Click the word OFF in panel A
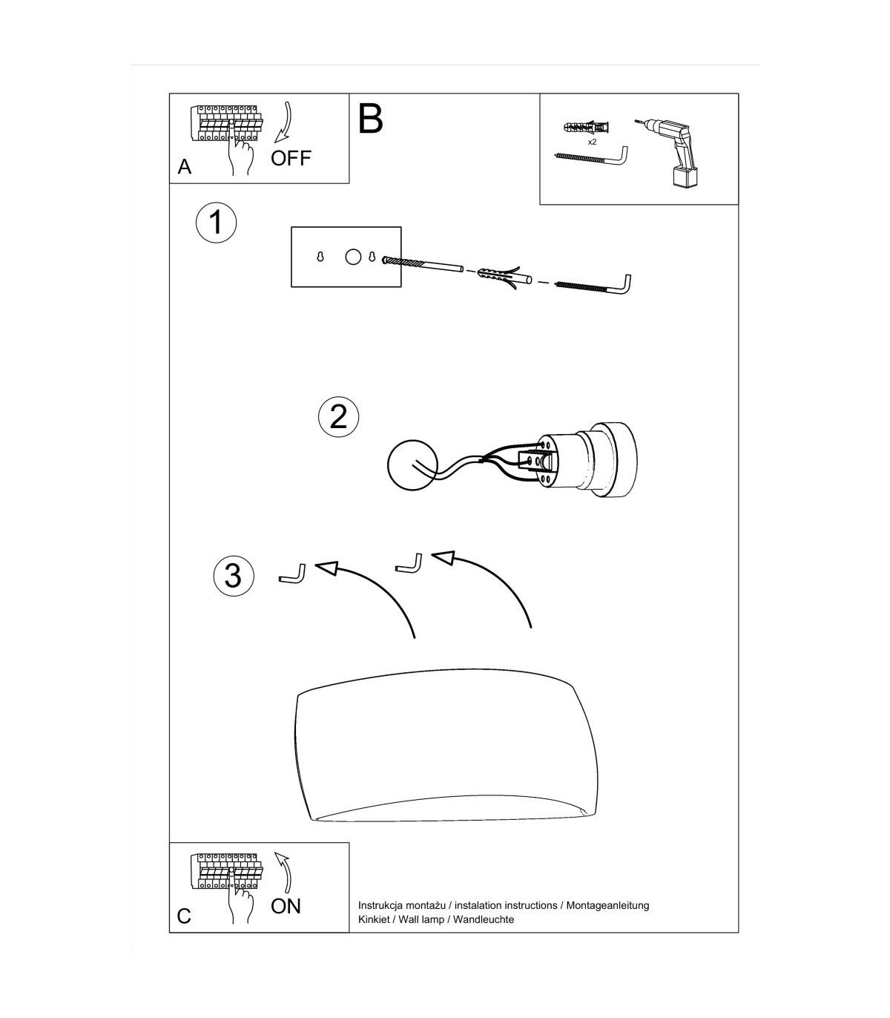point(291,158)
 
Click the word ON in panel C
point(286,906)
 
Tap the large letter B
point(370,119)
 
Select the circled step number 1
point(216,223)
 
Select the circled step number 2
point(338,416)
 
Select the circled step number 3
point(233,576)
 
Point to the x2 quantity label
point(592,142)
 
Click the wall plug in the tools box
point(587,127)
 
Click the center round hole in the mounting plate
point(353,257)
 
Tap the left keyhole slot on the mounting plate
point(320,257)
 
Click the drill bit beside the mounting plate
point(422,263)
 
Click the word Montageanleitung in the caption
point(607,905)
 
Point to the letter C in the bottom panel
point(184,916)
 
